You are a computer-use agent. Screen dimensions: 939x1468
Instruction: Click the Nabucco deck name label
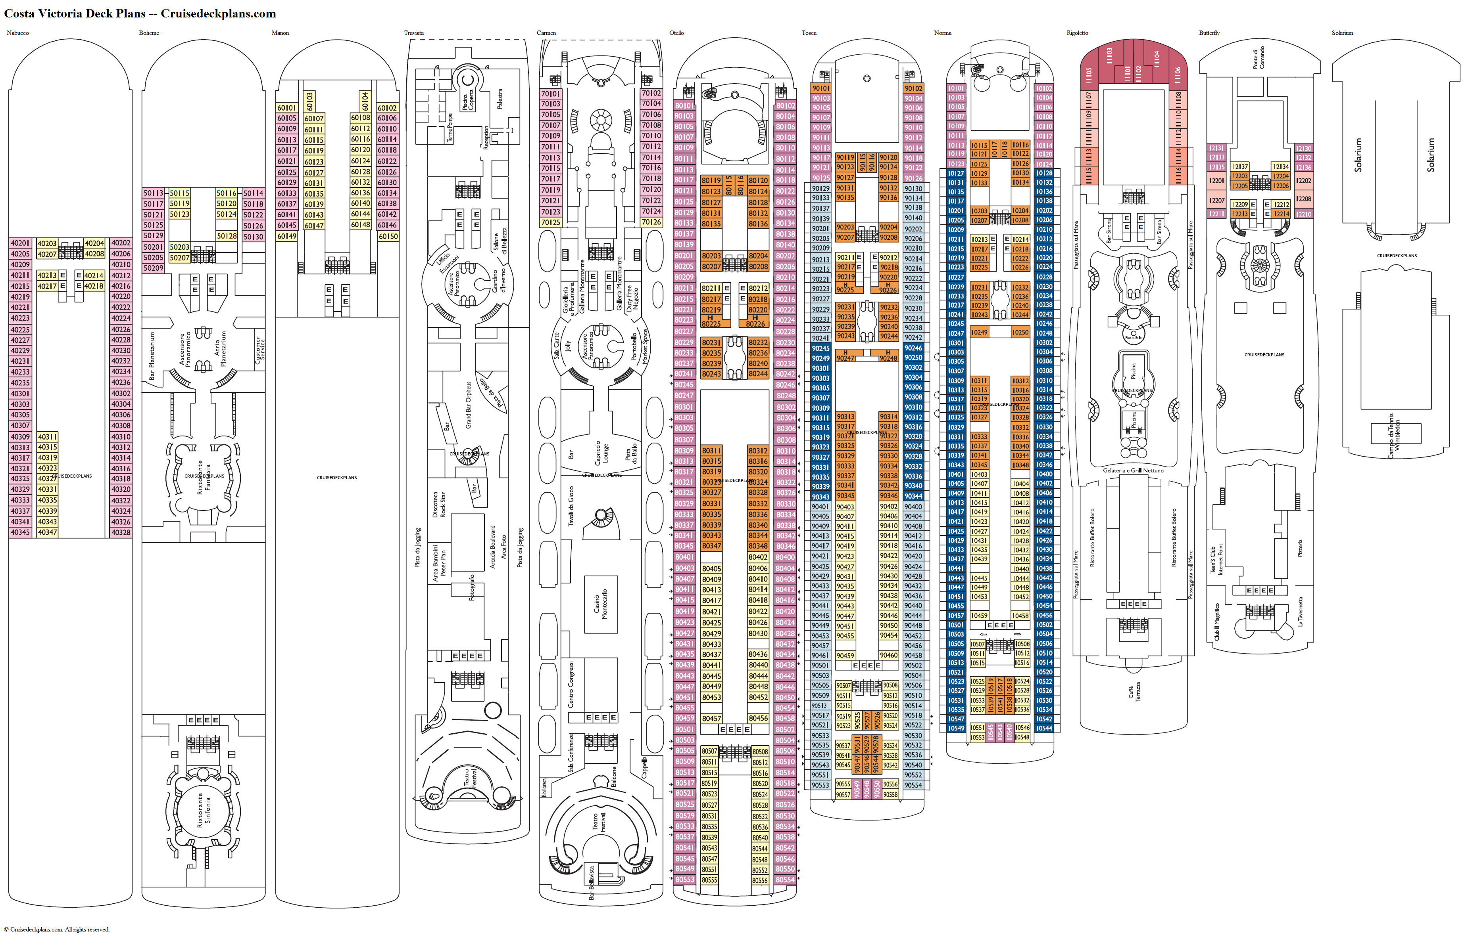(x=18, y=33)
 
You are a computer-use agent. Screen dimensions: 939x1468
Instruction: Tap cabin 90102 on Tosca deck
(x=913, y=88)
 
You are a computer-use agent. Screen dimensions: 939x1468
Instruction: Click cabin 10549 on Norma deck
(x=956, y=728)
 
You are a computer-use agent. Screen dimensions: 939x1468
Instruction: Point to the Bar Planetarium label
(x=152, y=356)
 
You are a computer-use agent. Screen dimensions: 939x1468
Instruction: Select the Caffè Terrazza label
(x=1133, y=692)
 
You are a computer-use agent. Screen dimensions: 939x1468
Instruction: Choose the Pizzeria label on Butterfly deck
(x=1300, y=547)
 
